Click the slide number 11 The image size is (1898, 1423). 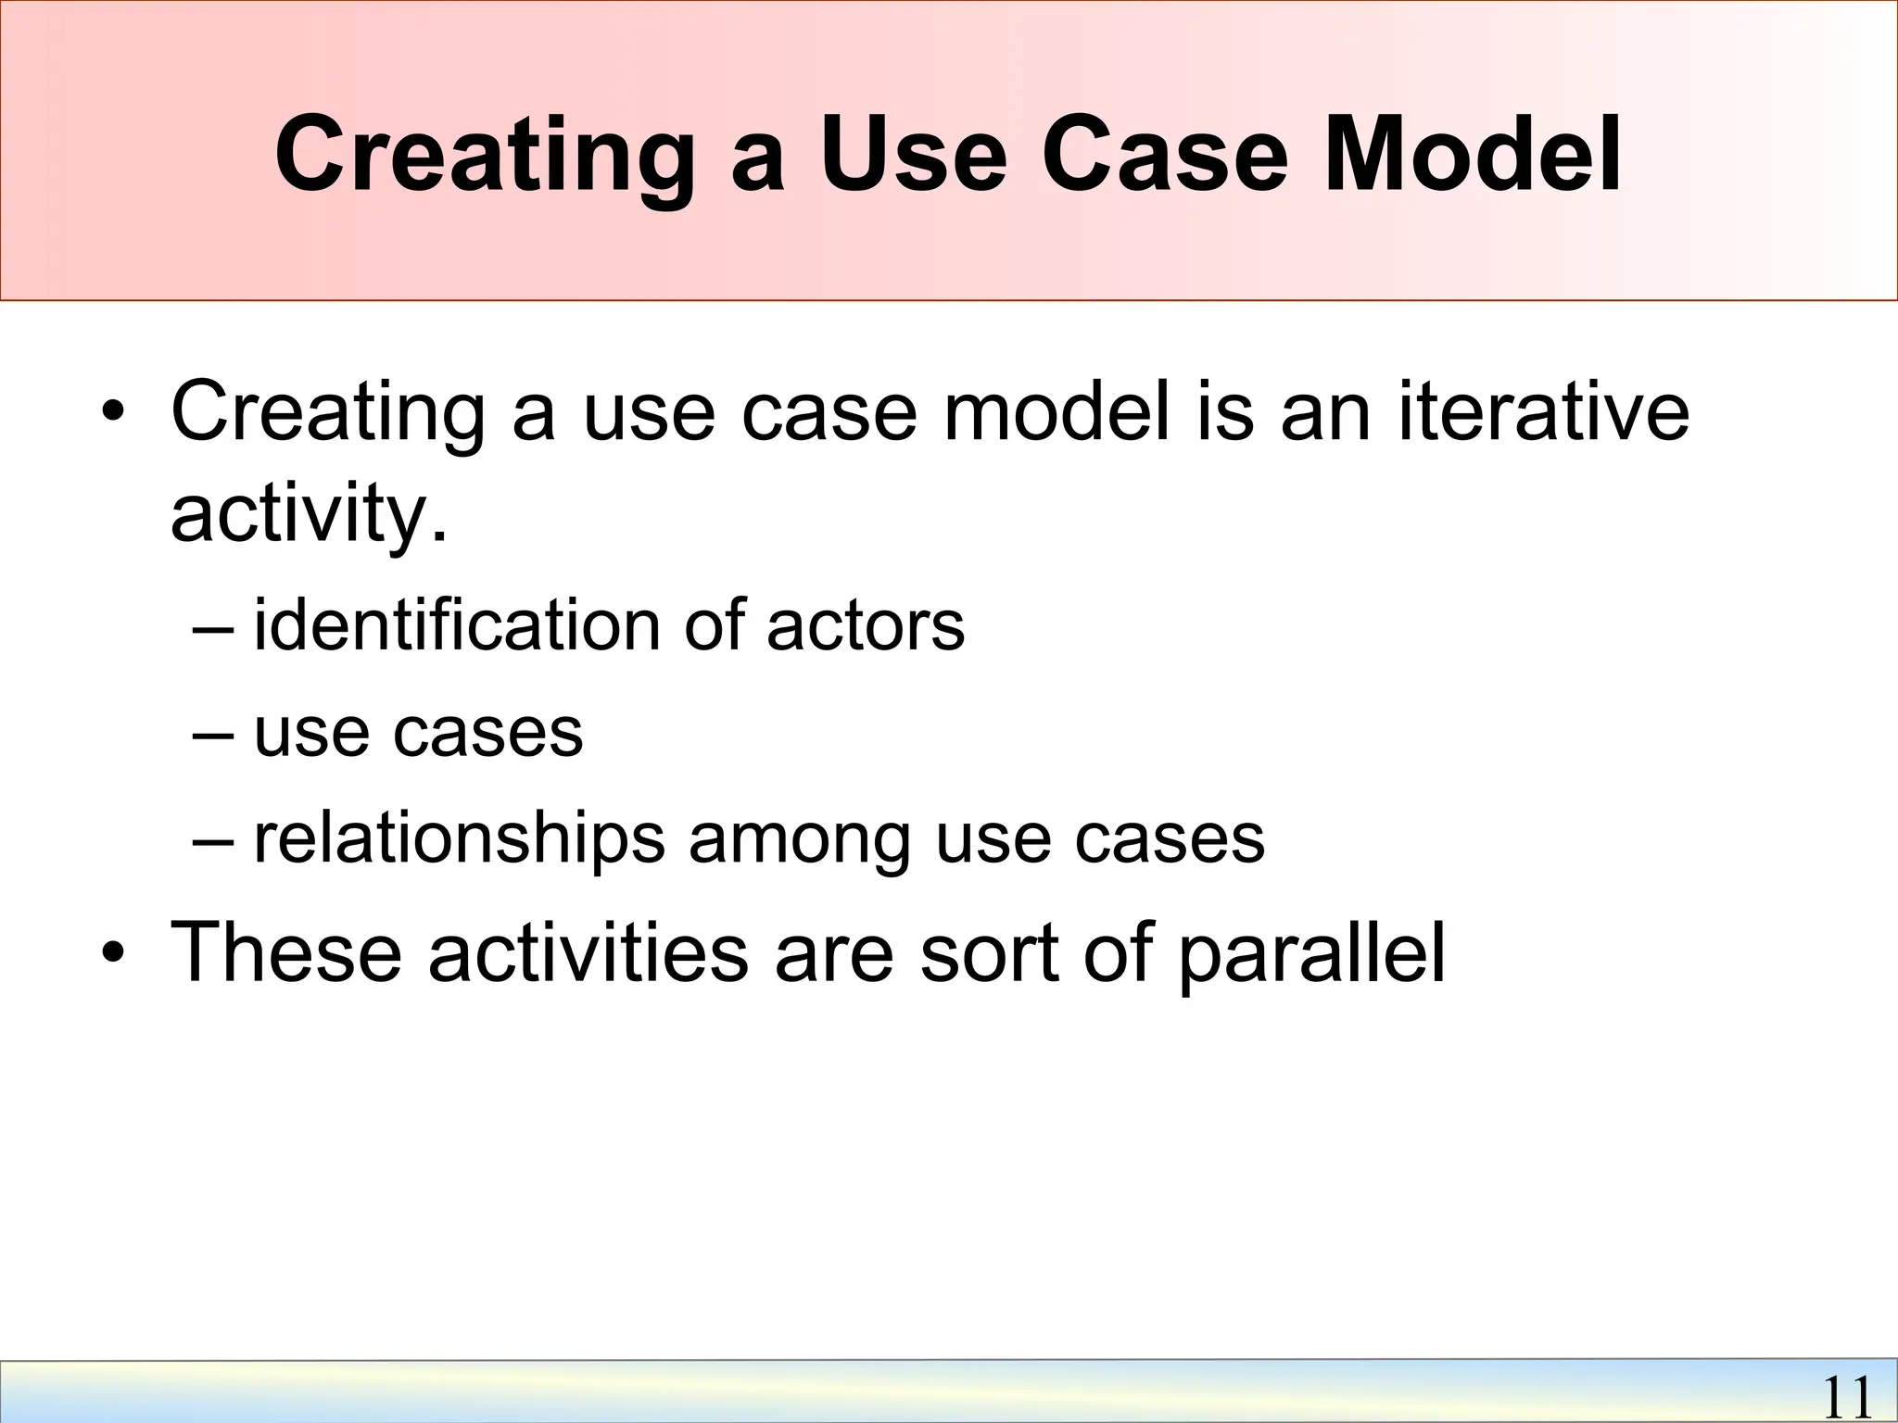pos(1846,1397)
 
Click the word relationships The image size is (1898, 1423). pos(459,838)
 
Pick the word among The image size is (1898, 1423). pos(799,838)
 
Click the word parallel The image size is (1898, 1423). pos(1311,952)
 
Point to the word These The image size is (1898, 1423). pos(287,952)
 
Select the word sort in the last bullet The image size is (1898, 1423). pos(988,952)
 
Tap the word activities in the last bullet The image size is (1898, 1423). pos(588,952)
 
